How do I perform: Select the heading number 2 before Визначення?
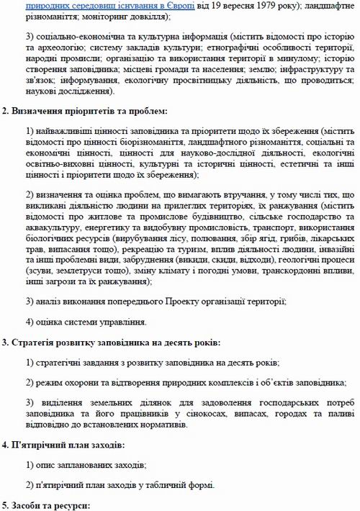pyautogui.click(x=5, y=111)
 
